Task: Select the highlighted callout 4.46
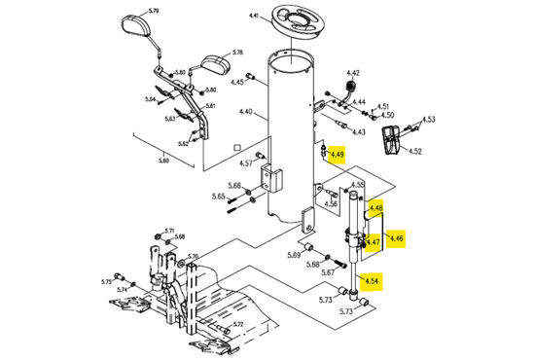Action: tap(396, 237)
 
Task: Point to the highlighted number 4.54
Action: tap(372, 280)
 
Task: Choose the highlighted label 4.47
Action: tap(373, 242)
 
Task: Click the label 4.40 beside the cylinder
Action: tap(246, 113)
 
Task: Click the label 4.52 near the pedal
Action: tap(415, 152)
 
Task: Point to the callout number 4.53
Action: tap(429, 120)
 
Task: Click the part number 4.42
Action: tap(353, 74)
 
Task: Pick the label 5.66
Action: tap(234, 185)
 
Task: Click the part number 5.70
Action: tap(192, 257)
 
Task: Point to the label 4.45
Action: tap(237, 82)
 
